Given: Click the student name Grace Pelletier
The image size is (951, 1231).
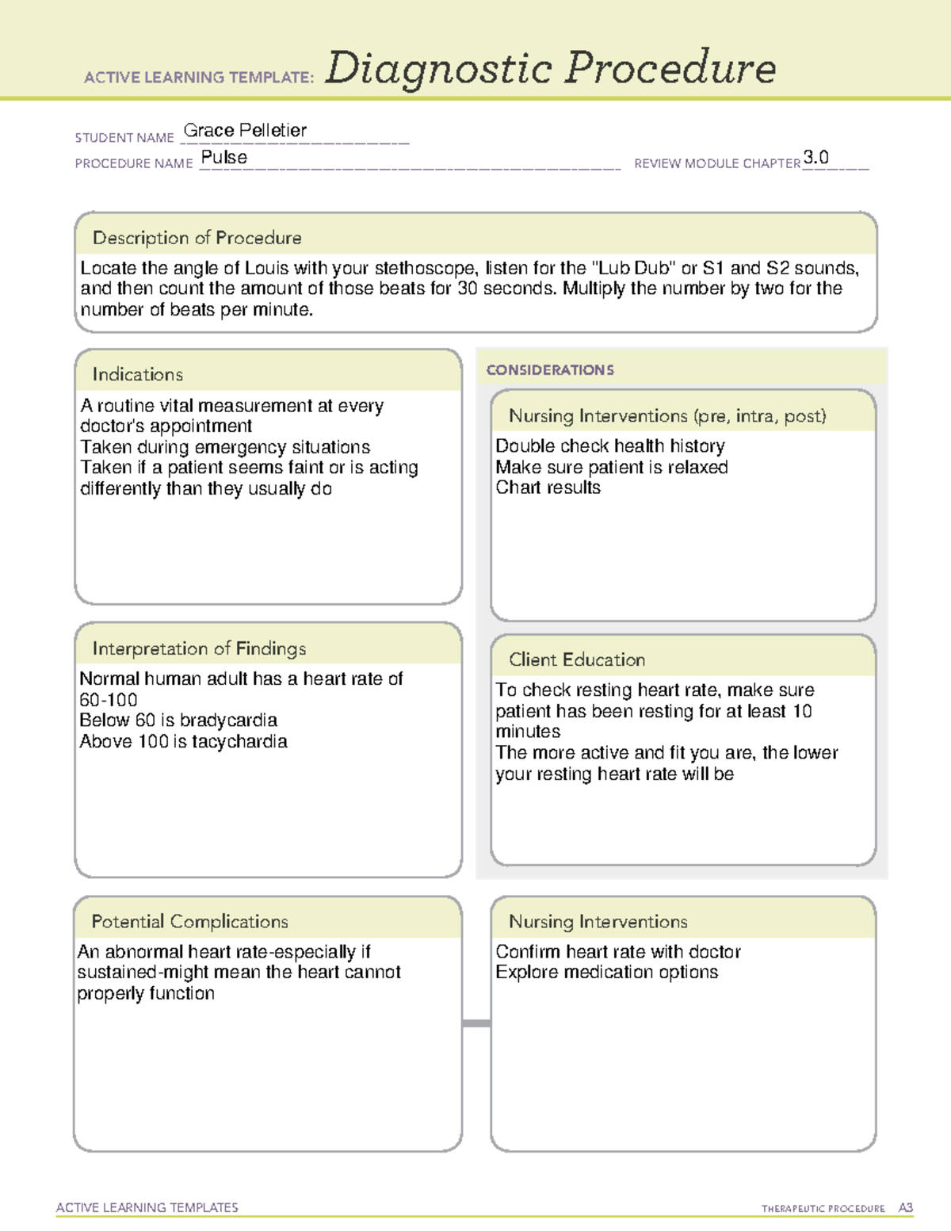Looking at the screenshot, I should tap(245, 131).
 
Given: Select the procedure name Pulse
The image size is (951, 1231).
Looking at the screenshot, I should tap(224, 158).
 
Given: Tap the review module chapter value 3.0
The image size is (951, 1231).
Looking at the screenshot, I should tap(815, 157).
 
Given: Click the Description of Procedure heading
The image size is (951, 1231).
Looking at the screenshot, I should tap(197, 238).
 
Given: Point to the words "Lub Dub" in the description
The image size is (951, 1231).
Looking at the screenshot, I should tap(634, 268).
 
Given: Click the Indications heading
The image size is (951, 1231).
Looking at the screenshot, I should tap(138, 374).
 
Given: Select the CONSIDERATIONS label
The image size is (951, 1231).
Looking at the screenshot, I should tap(550, 370).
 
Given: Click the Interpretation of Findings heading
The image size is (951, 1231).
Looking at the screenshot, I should tap(199, 648).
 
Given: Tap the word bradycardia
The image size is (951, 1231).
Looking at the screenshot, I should tap(228, 721).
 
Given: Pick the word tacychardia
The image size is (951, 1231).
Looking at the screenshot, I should tap(239, 742).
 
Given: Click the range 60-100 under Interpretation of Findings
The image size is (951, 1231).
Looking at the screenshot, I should tap(109, 700).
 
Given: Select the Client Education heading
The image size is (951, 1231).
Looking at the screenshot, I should tap(577, 659).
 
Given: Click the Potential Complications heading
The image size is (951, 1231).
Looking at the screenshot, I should tap(190, 921).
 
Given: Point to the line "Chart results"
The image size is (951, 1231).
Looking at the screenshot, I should tap(548, 488).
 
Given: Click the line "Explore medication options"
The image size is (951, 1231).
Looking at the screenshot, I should tap(607, 973).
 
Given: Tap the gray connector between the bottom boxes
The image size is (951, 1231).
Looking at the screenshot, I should tap(476, 1023).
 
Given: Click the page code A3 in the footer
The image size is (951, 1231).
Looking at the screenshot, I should tap(905, 1208).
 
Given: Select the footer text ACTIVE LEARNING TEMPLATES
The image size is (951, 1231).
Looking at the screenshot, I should tap(147, 1207).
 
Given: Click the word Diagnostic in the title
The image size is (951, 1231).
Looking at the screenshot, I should tap(438, 69).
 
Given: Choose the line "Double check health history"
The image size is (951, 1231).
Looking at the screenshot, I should tap(610, 446).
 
